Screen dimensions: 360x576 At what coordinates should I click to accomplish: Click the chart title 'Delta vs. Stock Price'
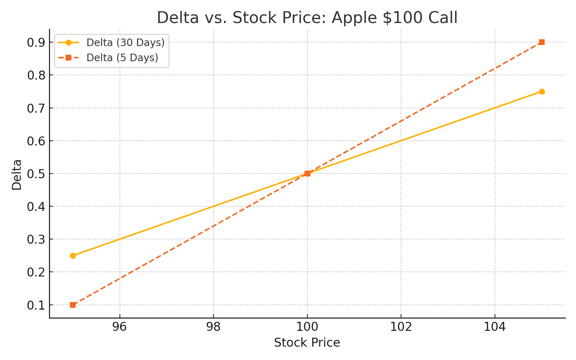click(x=307, y=18)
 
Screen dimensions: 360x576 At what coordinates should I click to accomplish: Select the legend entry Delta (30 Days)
click(x=125, y=42)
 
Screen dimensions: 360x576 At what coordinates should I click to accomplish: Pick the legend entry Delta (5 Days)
click(x=122, y=58)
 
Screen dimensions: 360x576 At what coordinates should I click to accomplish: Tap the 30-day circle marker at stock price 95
click(x=73, y=256)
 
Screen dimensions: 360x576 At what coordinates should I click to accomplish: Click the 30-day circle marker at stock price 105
click(x=542, y=91)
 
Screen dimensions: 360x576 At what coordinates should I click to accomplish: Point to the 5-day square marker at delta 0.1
click(x=73, y=305)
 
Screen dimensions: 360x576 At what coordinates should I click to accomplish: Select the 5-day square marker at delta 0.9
click(x=542, y=42)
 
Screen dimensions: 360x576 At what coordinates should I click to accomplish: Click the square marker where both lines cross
click(x=307, y=174)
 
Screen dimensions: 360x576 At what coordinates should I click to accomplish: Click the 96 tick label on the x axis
click(x=120, y=327)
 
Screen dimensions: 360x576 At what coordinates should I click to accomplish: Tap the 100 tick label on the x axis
click(x=307, y=327)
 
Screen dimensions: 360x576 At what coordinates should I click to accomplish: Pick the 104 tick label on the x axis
click(x=495, y=327)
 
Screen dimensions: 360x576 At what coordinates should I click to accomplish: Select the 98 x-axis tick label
click(x=213, y=327)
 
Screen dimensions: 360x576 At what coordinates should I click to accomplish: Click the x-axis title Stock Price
click(x=307, y=343)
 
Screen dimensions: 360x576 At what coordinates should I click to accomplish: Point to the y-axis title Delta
click(x=17, y=175)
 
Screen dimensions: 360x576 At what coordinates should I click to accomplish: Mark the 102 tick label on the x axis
click(x=401, y=327)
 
